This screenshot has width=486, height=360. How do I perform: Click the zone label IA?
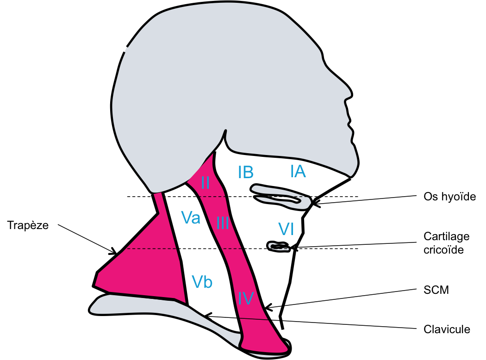pos(298,171)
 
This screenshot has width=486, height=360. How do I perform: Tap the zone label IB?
pos(246,172)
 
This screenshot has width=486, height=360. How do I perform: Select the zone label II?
pos(205,182)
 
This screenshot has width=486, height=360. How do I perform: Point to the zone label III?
pos(223,223)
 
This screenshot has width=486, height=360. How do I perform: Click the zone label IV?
pos(246,298)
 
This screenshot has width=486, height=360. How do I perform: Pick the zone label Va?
pos(191,217)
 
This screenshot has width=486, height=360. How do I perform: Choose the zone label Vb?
pos(202,282)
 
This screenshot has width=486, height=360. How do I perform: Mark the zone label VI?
pos(286,229)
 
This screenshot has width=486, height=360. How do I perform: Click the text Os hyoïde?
pos(449,196)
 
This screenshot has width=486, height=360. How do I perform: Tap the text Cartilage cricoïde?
pos(446,243)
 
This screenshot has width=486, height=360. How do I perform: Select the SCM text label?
pos(436,290)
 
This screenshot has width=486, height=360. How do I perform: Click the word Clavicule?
pos(447,329)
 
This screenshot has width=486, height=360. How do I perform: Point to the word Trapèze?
pos(28,225)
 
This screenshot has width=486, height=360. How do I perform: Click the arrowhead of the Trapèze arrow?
pos(114,251)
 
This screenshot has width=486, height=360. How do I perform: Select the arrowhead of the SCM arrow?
pos(268,307)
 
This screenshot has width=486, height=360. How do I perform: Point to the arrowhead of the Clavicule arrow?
pos(207,316)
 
